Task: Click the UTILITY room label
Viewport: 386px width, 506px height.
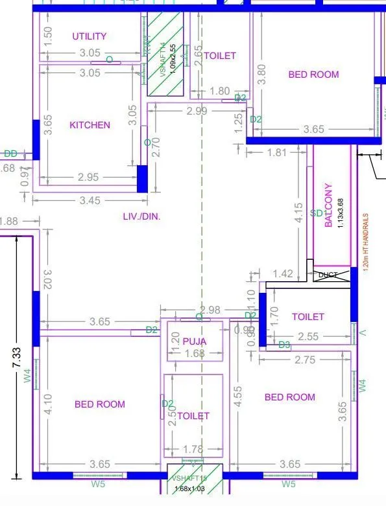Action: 90,36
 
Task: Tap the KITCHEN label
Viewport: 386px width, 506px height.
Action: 90,125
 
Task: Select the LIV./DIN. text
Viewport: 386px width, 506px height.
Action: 141,216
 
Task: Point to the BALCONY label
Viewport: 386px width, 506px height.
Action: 329,205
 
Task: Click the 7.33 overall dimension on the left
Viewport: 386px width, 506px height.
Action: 17,358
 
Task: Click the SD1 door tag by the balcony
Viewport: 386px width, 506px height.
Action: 318,213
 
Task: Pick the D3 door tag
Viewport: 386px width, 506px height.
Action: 284,345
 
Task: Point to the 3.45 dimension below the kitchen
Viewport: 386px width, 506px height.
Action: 90,201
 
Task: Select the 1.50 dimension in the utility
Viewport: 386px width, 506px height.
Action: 47,36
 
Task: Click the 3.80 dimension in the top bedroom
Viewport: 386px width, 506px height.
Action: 262,74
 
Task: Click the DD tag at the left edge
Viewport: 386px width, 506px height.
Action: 10,154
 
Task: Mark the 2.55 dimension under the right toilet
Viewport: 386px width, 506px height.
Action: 308,337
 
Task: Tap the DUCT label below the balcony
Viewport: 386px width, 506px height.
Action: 328,275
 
